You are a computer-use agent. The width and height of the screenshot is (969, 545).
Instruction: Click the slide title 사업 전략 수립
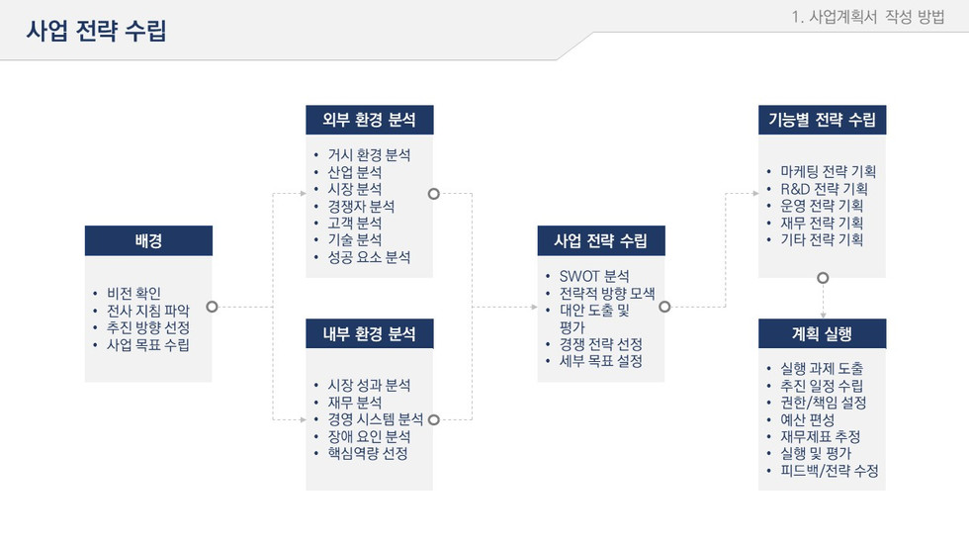(x=96, y=31)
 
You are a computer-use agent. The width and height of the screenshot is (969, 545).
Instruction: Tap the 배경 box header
(x=148, y=240)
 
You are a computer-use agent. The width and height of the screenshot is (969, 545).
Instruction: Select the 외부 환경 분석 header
(x=369, y=120)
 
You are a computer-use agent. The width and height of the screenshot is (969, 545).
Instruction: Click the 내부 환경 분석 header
(x=369, y=333)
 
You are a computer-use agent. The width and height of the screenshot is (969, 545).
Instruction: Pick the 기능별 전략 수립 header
(x=822, y=120)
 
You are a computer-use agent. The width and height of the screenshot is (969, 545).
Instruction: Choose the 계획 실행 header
(x=822, y=333)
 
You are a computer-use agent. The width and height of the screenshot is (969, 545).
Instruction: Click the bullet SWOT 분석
(x=593, y=276)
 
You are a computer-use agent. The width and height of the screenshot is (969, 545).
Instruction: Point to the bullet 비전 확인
(x=133, y=293)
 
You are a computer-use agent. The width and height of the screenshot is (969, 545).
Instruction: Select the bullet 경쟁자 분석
(x=360, y=206)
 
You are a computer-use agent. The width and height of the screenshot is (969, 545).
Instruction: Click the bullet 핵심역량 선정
(x=367, y=453)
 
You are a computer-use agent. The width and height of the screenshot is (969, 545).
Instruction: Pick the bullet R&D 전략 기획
(x=824, y=188)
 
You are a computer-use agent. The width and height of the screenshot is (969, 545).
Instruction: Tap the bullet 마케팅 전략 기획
(x=828, y=171)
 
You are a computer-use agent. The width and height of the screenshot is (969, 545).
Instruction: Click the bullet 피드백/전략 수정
(x=829, y=471)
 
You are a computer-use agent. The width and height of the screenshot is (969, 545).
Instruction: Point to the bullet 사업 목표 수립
(x=147, y=345)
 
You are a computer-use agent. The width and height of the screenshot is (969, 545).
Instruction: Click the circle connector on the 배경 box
(x=212, y=307)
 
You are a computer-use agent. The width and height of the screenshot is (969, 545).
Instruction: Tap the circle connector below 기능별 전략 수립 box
(x=822, y=278)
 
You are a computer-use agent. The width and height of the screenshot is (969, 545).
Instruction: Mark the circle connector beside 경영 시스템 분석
(x=433, y=419)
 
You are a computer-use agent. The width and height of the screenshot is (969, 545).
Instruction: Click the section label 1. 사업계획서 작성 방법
(x=868, y=17)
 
